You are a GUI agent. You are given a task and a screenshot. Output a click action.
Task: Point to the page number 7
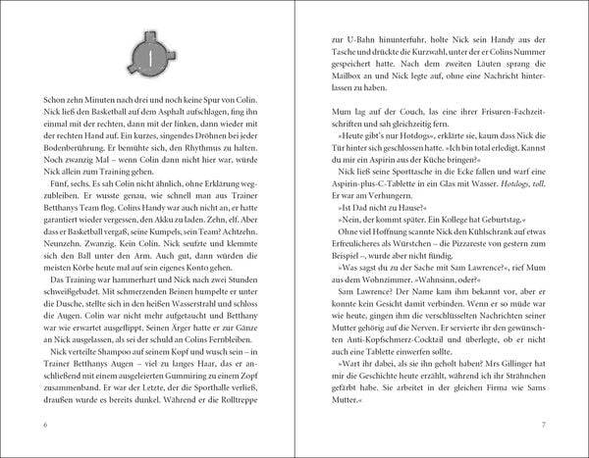[543, 424]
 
